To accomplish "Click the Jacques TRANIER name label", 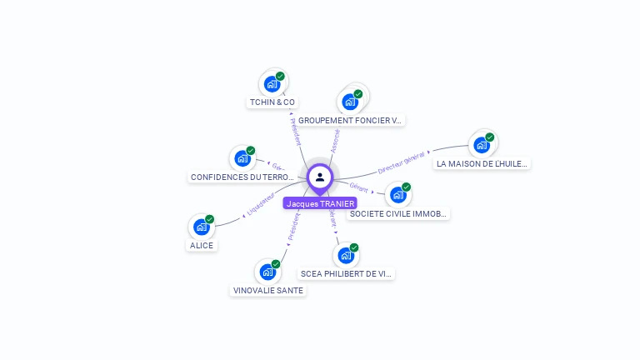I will click(320, 203).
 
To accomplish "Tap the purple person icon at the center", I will click(320, 177).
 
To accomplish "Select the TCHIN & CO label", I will click(272, 102).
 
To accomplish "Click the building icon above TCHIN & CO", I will click(272, 83).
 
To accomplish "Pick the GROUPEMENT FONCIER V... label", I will click(350, 120).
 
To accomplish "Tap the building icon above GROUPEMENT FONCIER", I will click(350, 102).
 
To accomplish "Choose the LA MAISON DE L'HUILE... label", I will click(482, 163).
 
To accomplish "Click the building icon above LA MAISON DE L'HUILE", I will click(481, 145).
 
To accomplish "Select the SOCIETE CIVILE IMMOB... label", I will click(399, 213).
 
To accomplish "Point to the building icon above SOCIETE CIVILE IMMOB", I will click(397, 195).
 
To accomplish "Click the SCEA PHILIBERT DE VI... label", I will click(346, 273).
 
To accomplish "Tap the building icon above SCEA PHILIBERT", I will click(346, 255).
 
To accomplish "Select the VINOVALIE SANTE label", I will click(268, 290).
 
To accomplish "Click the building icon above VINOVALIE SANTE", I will click(267, 272).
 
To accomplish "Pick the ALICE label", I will click(202, 245).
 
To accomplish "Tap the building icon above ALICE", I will click(201, 227).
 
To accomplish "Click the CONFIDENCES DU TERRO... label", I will click(242, 177).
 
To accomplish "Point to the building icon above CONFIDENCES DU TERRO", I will click(242, 157).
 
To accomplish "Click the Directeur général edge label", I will click(402, 162).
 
